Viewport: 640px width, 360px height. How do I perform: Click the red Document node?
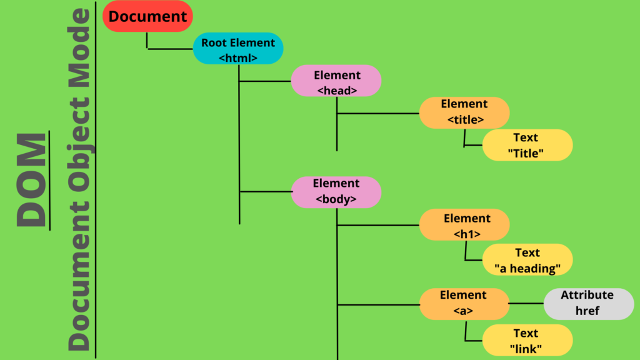click(147, 16)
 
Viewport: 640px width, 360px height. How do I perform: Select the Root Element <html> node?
click(238, 49)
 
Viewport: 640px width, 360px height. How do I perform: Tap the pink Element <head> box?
click(336, 81)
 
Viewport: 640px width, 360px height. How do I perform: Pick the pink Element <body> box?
click(336, 192)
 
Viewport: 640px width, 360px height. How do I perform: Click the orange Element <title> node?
click(464, 112)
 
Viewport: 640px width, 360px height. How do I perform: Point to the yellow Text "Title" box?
click(527, 145)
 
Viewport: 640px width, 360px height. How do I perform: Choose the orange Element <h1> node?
click(464, 225)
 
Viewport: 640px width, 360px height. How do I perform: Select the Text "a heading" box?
click(527, 260)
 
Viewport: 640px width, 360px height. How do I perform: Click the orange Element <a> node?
click(464, 303)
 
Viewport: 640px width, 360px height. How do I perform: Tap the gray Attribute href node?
click(587, 303)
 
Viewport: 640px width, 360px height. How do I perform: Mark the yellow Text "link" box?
click(527, 341)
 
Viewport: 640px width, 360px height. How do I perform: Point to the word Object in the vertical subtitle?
click(80, 154)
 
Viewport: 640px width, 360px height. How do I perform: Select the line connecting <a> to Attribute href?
click(526, 303)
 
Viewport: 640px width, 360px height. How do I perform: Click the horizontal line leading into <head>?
click(265, 81)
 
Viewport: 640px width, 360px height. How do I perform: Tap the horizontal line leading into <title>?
click(378, 113)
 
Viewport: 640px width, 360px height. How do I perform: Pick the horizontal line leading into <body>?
click(265, 191)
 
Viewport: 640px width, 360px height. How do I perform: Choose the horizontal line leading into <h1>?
click(378, 225)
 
